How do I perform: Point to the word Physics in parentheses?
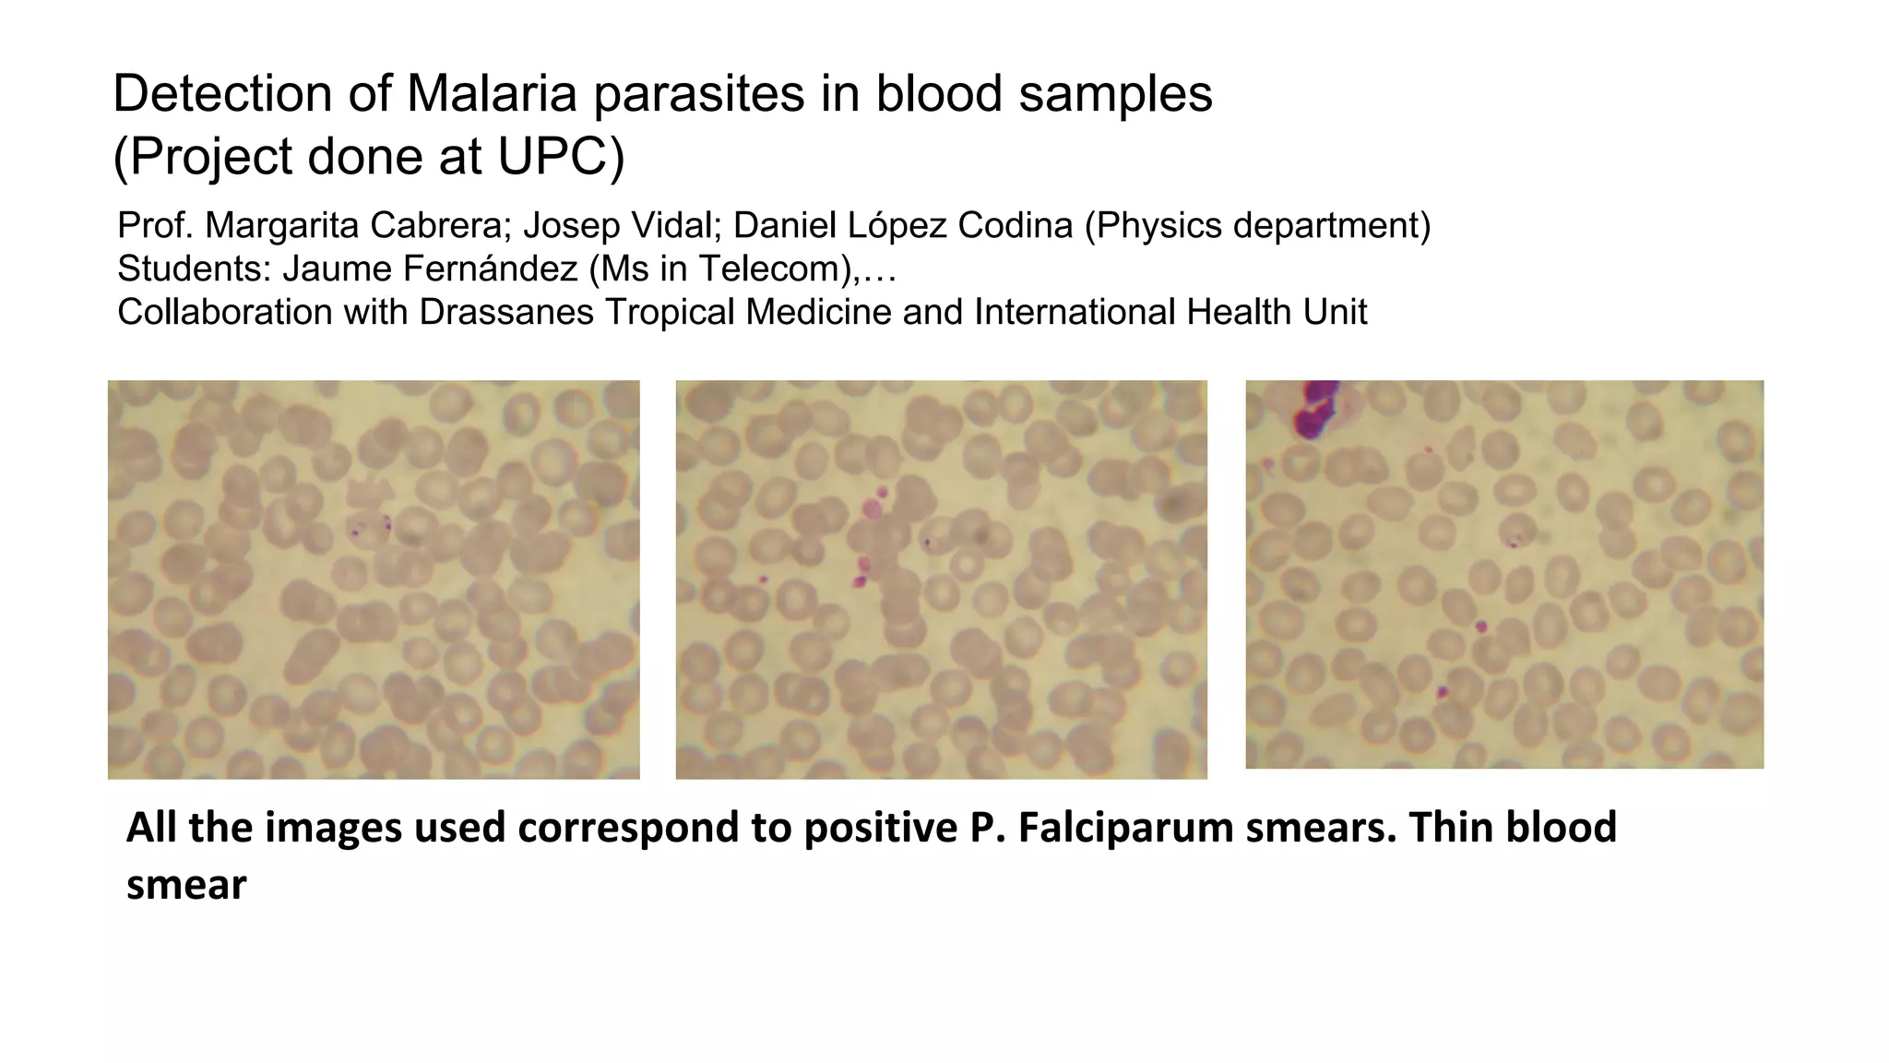1158,226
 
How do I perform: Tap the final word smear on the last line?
186,886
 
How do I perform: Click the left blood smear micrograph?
374,579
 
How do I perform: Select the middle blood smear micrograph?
941,579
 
